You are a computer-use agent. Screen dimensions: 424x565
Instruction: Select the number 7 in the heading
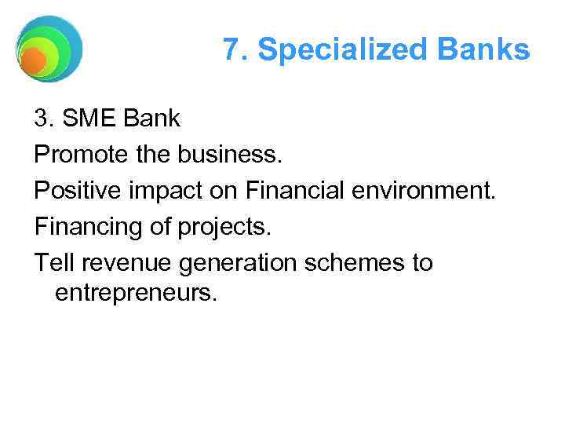(x=230, y=49)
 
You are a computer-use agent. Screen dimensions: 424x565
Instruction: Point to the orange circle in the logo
(x=33, y=61)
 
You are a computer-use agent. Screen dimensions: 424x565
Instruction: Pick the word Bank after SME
(x=150, y=119)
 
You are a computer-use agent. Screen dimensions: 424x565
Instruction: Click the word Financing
(x=86, y=227)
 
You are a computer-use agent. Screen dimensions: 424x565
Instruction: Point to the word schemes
(x=350, y=263)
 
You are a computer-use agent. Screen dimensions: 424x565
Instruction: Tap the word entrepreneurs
(x=134, y=294)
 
